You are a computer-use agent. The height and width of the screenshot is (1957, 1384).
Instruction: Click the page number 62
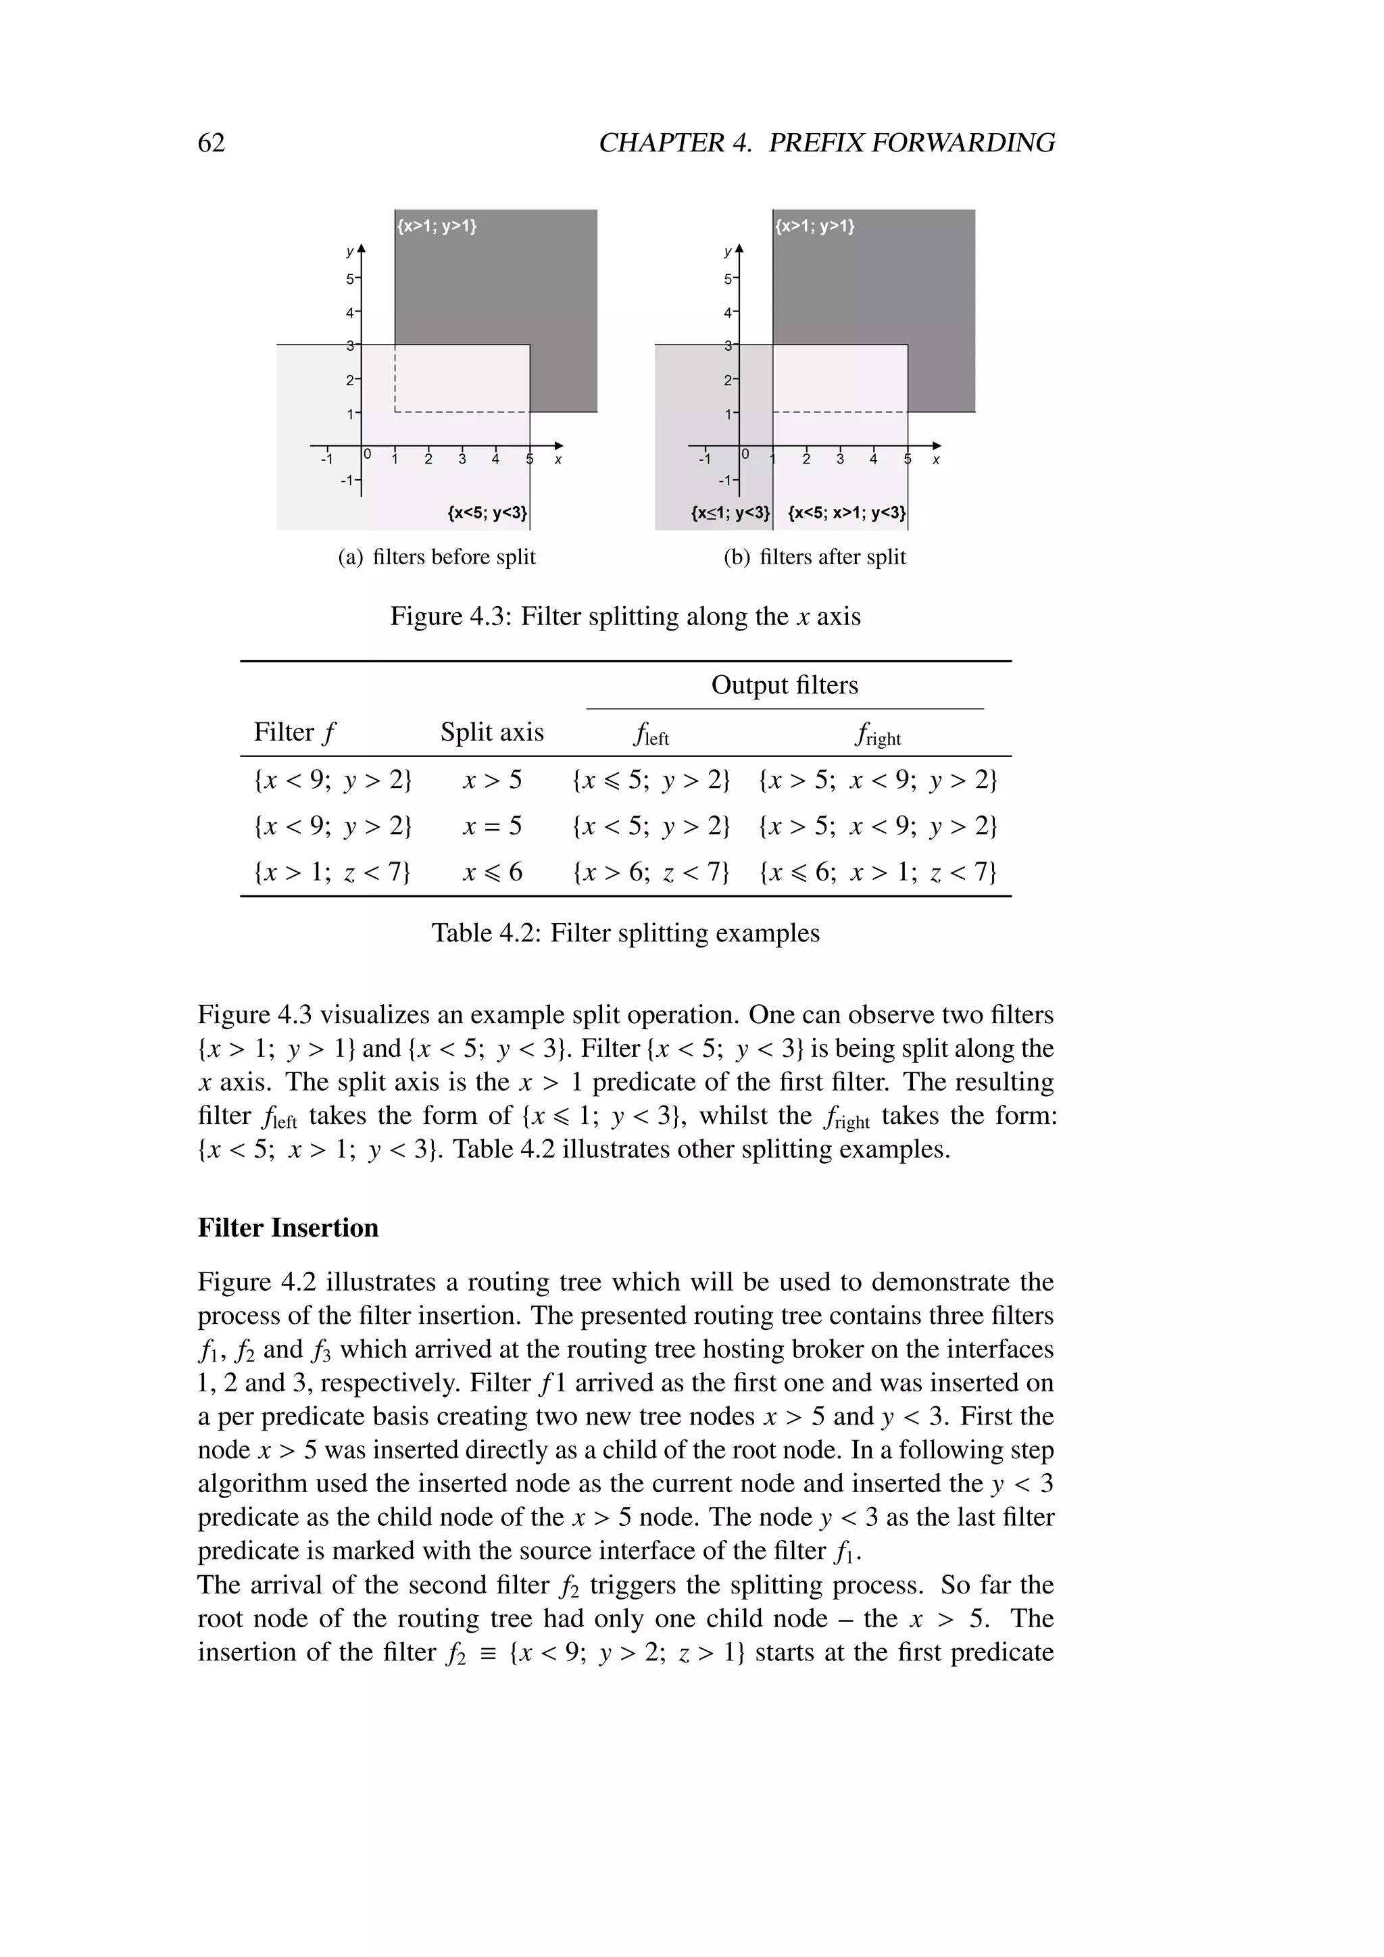coord(212,143)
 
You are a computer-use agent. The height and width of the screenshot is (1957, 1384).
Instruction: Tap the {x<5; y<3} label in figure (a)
coord(487,513)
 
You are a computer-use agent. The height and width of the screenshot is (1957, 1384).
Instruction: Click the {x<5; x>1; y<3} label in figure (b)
coord(846,513)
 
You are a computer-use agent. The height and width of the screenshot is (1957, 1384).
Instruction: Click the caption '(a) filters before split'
coord(437,558)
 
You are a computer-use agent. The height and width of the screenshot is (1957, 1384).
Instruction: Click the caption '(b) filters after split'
coord(815,558)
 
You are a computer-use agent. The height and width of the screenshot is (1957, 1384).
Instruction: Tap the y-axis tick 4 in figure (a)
coord(349,313)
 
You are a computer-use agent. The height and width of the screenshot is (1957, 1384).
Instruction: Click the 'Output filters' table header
coord(784,685)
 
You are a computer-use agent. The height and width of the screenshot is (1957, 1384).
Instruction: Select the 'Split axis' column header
coord(492,732)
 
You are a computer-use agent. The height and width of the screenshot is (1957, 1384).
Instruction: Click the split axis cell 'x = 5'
coord(492,826)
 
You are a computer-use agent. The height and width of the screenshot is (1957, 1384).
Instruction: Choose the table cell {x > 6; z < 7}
coord(651,872)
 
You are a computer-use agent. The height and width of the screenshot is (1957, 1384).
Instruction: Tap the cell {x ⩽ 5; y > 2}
coord(651,780)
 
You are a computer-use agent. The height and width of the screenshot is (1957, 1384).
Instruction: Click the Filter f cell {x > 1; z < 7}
coord(332,872)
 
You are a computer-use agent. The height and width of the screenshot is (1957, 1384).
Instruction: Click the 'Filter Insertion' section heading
coord(288,1227)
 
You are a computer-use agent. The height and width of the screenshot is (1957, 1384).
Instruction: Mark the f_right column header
coord(877,734)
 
